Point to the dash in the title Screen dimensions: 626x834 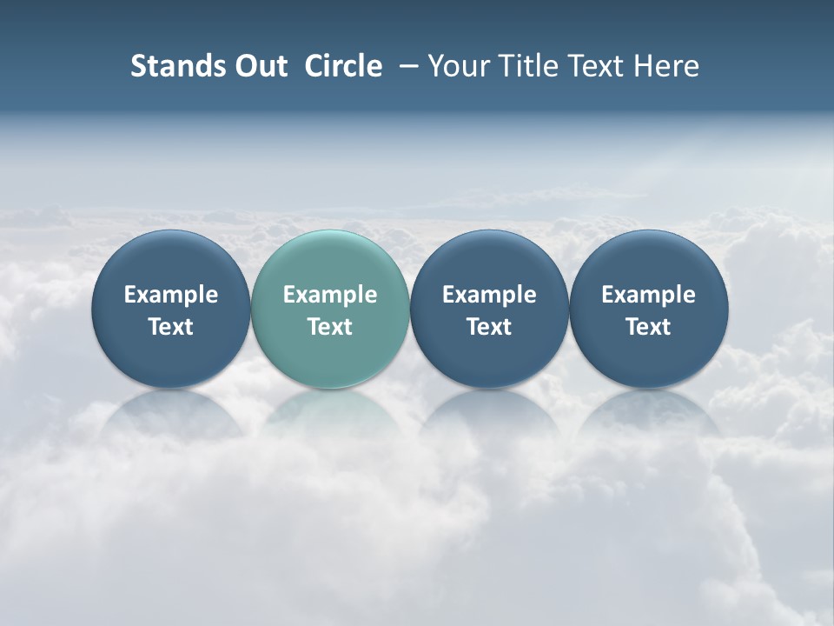click(x=405, y=66)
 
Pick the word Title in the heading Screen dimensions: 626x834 click(x=528, y=66)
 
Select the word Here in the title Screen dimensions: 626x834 click(x=666, y=66)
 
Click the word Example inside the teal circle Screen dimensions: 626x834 click(x=330, y=295)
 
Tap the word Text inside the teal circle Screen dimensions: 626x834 click(x=330, y=327)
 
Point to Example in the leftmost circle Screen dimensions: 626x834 click(x=171, y=295)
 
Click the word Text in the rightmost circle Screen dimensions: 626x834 click(x=649, y=327)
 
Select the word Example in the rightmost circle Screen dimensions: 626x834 click(x=649, y=295)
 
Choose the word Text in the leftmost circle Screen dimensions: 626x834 click(x=171, y=327)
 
